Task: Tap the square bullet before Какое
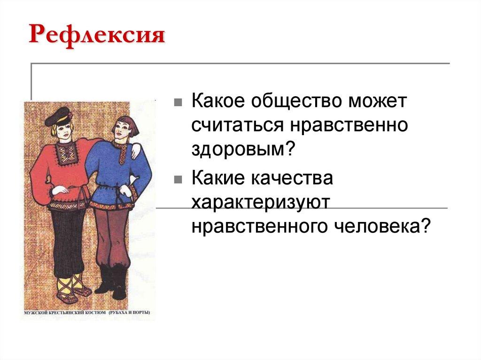(x=177, y=103)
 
